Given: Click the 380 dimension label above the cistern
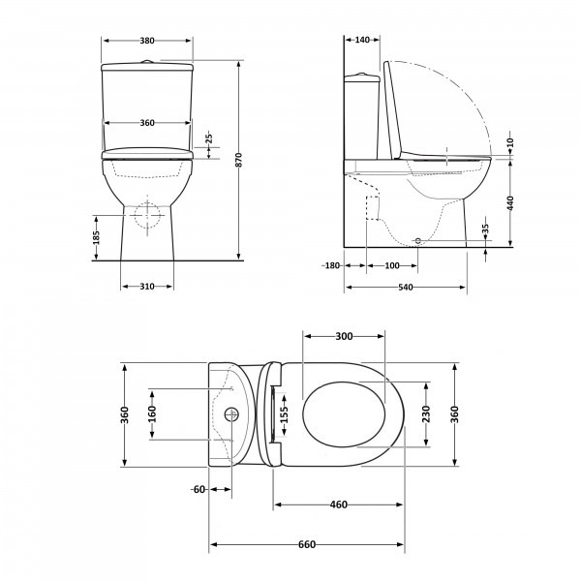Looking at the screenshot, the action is tap(147, 41).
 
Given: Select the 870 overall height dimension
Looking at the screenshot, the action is tap(239, 160).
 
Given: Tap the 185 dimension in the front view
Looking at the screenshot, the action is tap(96, 237).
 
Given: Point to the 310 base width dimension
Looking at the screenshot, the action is tap(147, 287).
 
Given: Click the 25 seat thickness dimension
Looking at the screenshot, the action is tap(209, 138).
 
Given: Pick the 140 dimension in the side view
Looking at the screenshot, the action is tap(362, 40).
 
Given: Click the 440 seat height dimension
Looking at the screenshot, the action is tap(510, 203).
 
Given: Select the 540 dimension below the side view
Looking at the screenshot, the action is tap(406, 288).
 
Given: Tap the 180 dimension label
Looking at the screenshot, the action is tap(331, 265).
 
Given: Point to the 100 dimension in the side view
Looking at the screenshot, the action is tap(392, 265).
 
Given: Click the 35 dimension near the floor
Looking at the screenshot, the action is tap(486, 229).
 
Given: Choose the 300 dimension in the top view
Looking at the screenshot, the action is tap(344, 336).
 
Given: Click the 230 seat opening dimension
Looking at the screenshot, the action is tap(426, 413).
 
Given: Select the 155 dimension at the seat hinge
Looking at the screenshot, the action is tap(284, 414).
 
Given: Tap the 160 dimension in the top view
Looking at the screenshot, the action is tap(152, 413).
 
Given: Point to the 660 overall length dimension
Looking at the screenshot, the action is tap(307, 544).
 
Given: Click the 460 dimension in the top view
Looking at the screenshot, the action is tap(339, 505).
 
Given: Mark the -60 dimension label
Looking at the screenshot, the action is tap(199, 489).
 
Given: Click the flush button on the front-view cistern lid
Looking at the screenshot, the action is tap(147, 62).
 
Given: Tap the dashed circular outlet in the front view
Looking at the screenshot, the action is tap(147, 215).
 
